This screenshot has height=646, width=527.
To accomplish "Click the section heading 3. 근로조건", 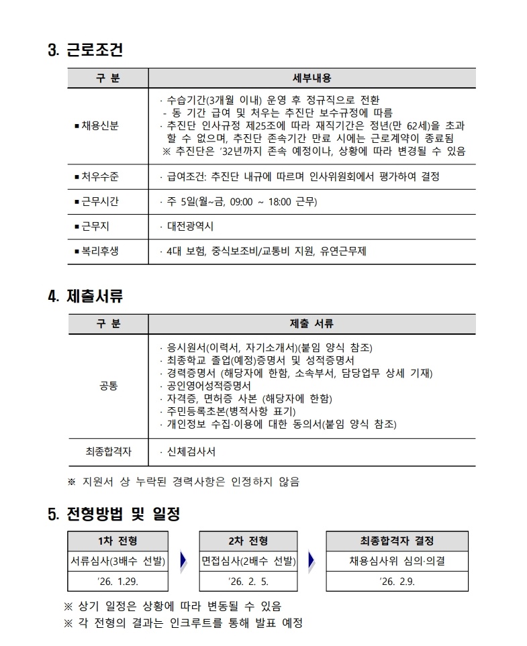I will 85,50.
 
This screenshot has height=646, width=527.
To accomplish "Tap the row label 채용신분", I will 99,126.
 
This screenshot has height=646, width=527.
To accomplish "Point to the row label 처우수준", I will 99,176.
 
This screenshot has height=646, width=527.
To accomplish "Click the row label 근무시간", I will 99,201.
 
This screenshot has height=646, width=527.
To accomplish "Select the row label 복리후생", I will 99,252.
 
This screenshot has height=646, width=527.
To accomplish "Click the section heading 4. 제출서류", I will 85,296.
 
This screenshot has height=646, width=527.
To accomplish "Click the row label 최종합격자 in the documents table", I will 107,452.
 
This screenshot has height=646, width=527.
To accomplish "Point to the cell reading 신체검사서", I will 191,452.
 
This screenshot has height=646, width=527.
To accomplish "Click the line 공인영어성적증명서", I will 208,386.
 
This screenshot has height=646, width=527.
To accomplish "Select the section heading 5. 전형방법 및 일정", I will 114,515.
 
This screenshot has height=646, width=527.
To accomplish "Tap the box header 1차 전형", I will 117,541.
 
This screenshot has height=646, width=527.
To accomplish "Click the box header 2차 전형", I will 248,541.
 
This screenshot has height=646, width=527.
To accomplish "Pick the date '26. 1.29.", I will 117,581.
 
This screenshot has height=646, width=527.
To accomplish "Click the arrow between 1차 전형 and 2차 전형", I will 183,561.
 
